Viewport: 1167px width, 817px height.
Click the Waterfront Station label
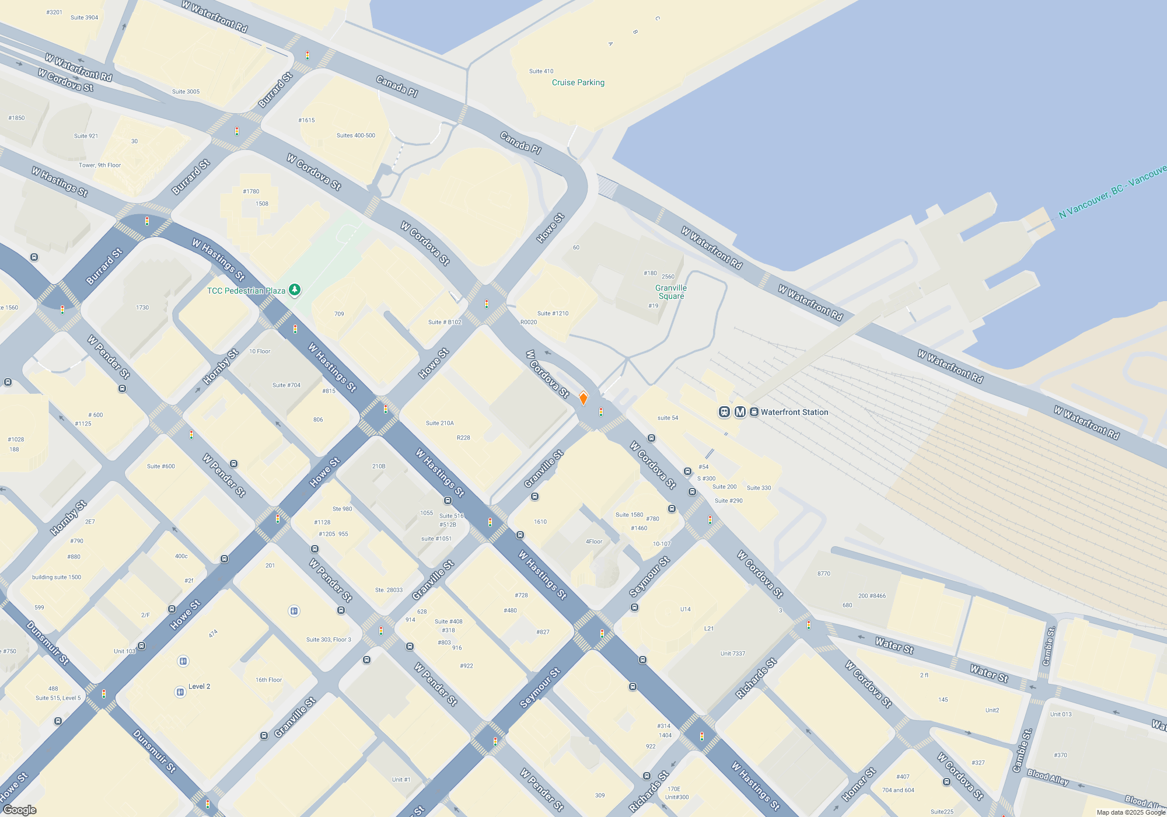[x=794, y=412]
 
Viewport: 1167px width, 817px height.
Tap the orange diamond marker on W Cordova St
[x=583, y=399]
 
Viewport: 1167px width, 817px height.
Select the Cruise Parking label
[x=578, y=82]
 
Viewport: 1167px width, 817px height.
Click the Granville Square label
[x=671, y=292]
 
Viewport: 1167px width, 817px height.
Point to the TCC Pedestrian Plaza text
[x=246, y=291]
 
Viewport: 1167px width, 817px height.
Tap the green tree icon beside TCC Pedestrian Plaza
[x=295, y=289]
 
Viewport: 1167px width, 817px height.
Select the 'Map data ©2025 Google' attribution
[x=1130, y=812]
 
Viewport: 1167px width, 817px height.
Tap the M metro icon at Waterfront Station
[x=740, y=412]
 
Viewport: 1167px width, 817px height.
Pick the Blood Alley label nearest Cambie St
[x=1048, y=777]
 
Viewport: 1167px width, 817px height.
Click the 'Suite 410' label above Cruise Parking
[x=541, y=71]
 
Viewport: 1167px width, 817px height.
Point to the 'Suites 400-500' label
[x=356, y=135]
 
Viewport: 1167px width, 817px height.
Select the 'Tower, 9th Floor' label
[x=100, y=165]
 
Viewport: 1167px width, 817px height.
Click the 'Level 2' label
[x=199, y=686]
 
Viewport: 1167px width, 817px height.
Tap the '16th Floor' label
[x=268, y=680]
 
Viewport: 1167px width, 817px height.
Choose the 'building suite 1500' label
[x=57, y=577]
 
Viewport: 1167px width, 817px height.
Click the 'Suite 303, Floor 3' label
[x=329, y=640]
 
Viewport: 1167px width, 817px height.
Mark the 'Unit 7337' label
[x=732, y=654]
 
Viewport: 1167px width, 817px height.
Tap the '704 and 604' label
[x=898, y=790]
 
